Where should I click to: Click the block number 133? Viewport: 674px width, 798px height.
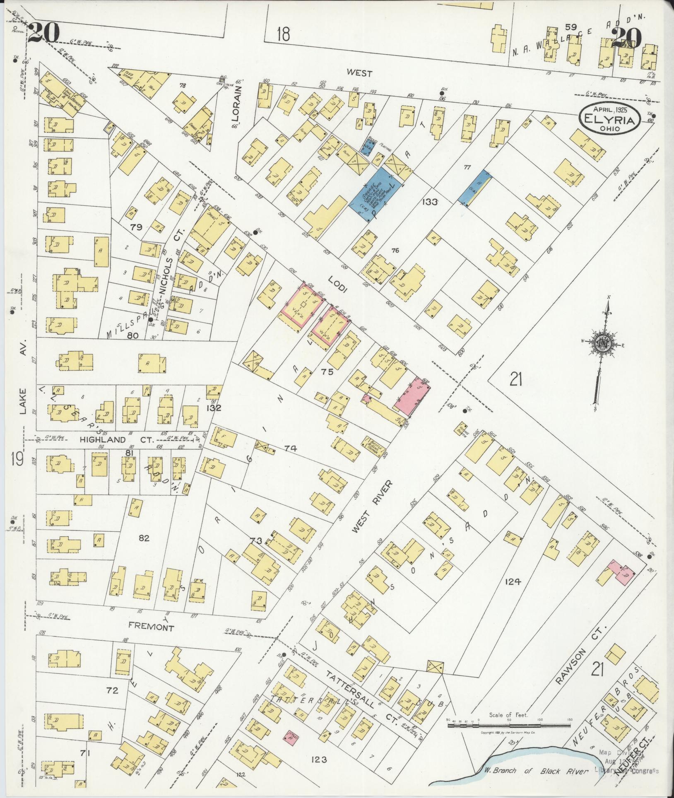pos(429,202)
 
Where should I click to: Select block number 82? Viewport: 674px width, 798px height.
pos(144,538)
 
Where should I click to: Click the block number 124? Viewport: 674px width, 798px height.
pos(512,581)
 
